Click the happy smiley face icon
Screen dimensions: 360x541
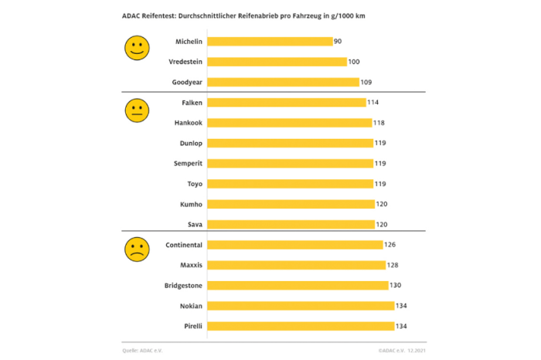coord(137,49)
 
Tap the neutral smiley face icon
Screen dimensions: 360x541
coord(137,110)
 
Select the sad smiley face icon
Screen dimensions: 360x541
coord(137,248)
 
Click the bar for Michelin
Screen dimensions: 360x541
coord(269,42)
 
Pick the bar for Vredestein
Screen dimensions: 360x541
coord(277,62)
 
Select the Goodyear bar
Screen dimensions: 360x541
coord(283,82)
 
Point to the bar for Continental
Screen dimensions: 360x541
coord(295,245)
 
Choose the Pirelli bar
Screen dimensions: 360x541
coord(301,326)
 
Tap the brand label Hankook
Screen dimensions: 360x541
coord(189,122)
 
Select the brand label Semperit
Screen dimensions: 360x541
coord(189,163)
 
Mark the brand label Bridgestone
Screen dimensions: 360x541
coord(183,285)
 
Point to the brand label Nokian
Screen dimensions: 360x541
coord(190,305)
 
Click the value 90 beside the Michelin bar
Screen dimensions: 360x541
coord(338,42)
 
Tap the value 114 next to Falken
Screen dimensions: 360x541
coord(373,102)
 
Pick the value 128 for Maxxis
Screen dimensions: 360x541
coord(393,265)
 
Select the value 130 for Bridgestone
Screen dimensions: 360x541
coord(396,285)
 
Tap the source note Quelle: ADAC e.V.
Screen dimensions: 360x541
coord(145,350)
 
